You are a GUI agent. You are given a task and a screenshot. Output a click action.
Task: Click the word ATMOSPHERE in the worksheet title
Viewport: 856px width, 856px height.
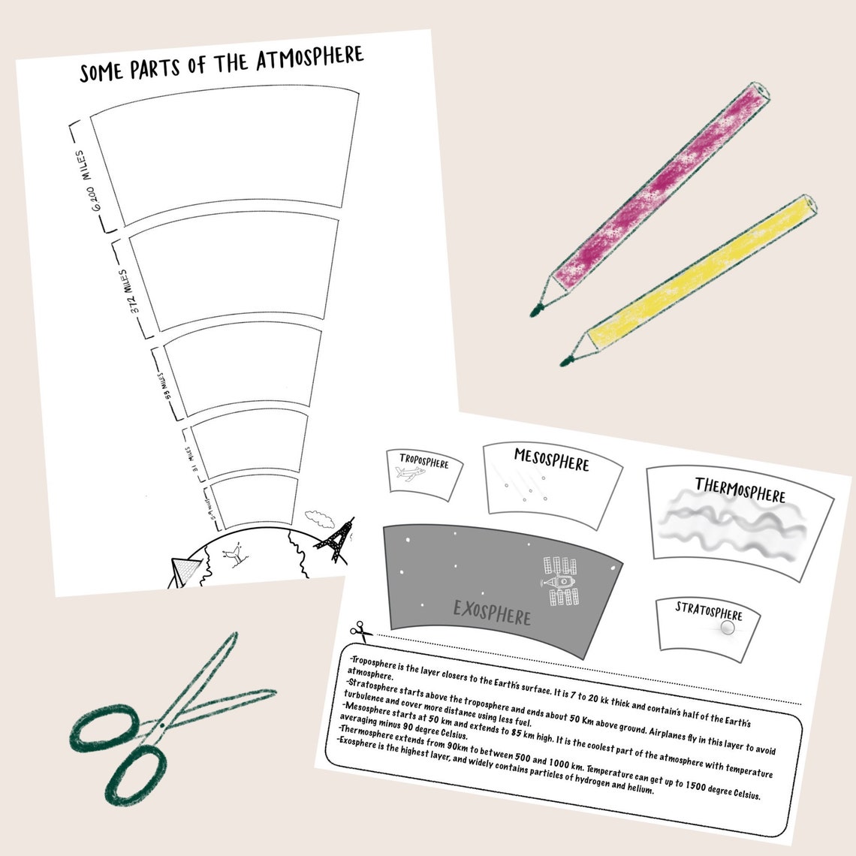coord(309,59)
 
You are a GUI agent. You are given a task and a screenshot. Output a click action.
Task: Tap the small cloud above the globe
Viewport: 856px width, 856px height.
coord(320,517)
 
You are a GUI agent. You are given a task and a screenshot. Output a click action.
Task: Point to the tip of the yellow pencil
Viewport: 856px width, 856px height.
coord(565,361)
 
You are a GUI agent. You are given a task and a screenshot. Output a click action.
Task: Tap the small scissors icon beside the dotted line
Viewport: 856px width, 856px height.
coord(360,630)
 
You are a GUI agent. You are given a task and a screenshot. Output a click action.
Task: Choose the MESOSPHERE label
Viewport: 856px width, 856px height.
coord(551,460)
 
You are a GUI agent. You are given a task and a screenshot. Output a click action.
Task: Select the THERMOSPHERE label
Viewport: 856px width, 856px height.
coord(740,490)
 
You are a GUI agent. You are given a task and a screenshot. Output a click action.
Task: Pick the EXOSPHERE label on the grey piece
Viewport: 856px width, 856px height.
coord(492,612)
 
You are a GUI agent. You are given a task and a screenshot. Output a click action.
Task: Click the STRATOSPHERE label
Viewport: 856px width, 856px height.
coord(708,610)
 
